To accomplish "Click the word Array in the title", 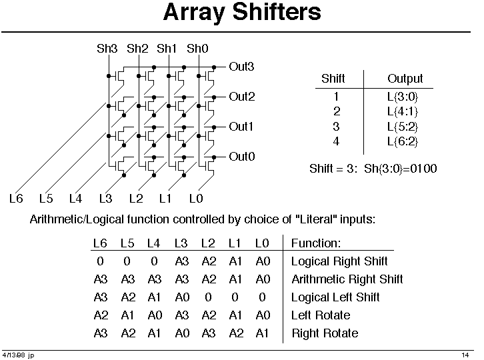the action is pos(193,13).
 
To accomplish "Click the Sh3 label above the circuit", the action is pos(107,49).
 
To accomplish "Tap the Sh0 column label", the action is pos(197,49).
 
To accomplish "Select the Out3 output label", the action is pos(241,67).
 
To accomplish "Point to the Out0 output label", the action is pos(242,157).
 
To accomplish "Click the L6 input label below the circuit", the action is pos(16,198).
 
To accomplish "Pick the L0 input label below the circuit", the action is pos(196,198).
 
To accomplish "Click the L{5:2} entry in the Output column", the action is pos(403,127).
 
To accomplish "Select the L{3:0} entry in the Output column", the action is pos(403,97).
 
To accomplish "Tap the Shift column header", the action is pos(333,79).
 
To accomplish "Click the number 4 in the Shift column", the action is pos(336,141).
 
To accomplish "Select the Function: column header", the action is pos(316,243).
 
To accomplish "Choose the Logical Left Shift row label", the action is pos(335,297).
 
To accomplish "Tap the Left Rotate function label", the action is pos(321,315).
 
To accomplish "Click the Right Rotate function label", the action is pos(325,333).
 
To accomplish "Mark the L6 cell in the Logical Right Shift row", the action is pos(100,261).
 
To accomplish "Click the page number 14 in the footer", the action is pos(465,355).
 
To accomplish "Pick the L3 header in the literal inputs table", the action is pos(181,243).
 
